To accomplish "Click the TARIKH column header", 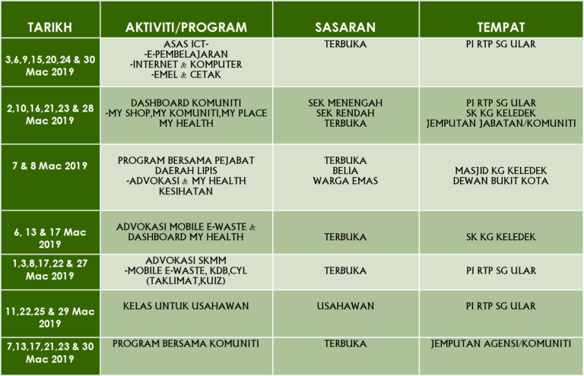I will coord(50,27).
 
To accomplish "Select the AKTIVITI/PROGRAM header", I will coord(186,27).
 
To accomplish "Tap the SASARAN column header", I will coord(345,27).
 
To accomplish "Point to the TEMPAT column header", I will coord(500,27).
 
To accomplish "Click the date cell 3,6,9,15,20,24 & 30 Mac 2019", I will coord(50,65).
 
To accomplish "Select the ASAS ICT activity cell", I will coord(186,45).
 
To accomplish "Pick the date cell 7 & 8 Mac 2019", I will coord(50,166).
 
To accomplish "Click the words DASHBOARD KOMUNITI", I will coord(186,103).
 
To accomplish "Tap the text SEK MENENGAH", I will coord(345,103).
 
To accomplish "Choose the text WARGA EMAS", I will coord(345,181).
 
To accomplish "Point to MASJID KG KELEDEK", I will coord(500,170).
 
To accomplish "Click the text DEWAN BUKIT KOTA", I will coord(500,181).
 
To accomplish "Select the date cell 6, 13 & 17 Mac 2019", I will coord(50,238).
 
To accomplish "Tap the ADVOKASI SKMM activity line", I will coord(186,259).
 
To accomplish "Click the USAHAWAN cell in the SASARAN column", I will coord(345,306).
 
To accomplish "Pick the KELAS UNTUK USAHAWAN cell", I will coord(186,306).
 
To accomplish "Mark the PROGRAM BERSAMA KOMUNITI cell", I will coord(186,343).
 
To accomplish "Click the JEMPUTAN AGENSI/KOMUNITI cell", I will coord(500,343).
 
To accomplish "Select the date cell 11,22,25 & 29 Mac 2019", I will coord(50,318).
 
